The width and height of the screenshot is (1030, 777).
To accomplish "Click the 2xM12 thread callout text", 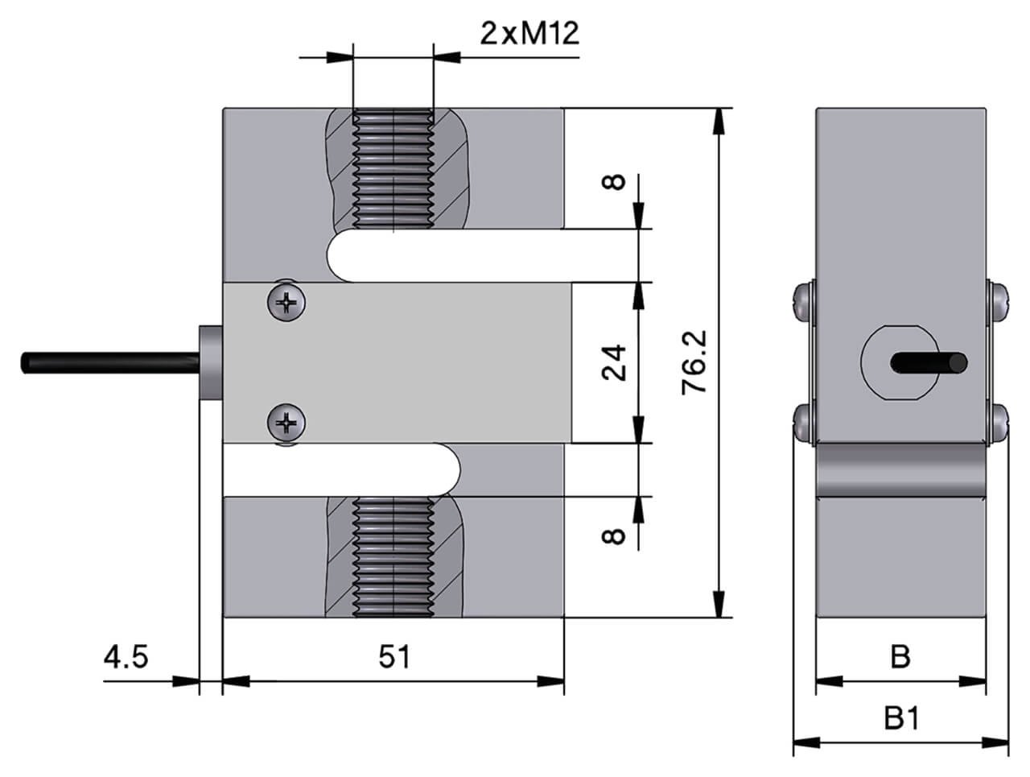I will click(529, 34).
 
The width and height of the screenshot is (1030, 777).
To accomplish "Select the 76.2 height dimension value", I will click(694, 362).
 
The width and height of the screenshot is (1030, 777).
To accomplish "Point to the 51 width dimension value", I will click(394, 657).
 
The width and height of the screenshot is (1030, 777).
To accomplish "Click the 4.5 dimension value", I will click(126, 657).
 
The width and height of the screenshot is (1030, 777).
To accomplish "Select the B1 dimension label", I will click(900, 717).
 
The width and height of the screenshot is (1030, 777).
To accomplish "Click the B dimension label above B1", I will click(900, 657).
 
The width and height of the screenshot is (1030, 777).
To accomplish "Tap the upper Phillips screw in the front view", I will click(287, 303).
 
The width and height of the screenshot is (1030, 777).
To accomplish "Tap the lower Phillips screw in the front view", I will click(287, 422).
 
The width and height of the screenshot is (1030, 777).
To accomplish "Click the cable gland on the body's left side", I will click(209, 362).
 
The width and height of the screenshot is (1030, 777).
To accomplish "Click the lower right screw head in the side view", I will click(997, 423).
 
